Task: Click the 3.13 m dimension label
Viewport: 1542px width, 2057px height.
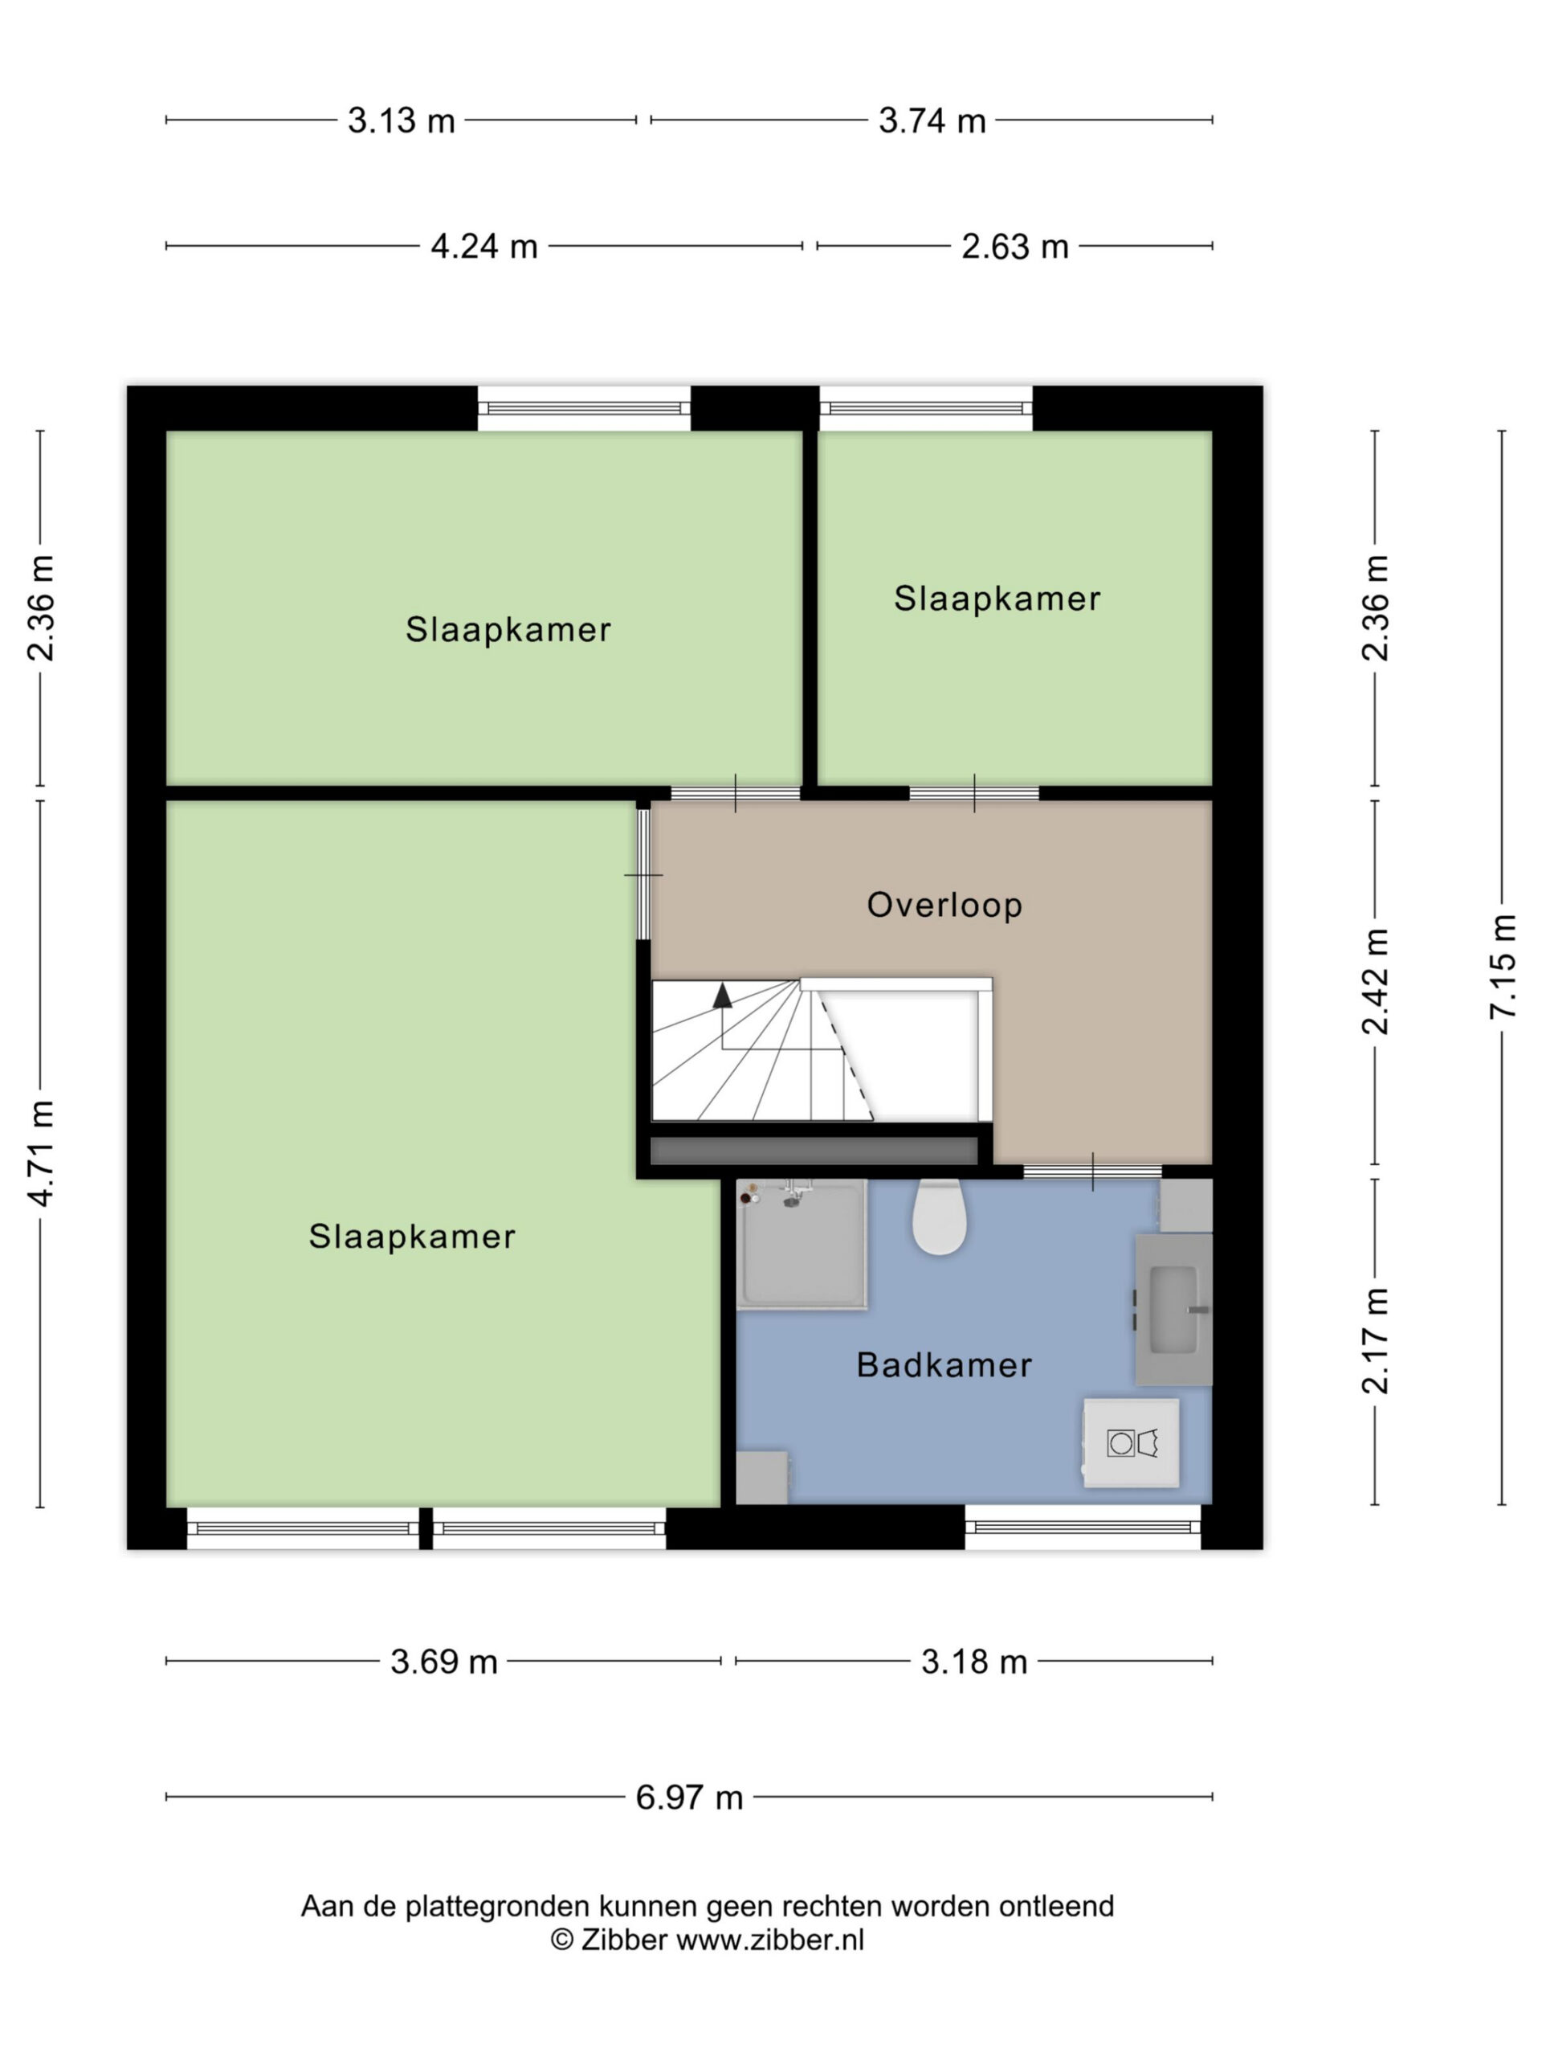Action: point(401,121)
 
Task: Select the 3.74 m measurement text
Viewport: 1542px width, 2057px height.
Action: point(932,121)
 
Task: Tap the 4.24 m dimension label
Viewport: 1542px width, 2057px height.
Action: point(483,247)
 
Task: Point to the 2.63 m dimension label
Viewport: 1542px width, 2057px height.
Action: point(1014,247)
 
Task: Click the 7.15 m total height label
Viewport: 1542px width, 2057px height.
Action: point(1502,967)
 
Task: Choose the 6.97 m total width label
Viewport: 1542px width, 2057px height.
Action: point(689,1797)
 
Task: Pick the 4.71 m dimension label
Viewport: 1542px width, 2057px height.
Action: point(41,1153)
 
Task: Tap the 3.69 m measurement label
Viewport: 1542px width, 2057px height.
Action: point(443,1662)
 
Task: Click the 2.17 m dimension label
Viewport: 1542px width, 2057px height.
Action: point(1375,1341)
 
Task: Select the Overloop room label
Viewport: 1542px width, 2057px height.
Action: point(944,905)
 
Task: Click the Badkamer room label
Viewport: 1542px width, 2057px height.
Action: point(944,1365)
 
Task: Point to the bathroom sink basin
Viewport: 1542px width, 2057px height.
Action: point(1174,1310)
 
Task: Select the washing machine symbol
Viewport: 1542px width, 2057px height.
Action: point(1131,1443)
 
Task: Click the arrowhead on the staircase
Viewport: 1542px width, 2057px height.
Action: point(721,996)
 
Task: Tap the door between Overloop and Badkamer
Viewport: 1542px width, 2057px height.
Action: point(1092,1172)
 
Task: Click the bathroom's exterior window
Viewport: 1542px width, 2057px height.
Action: point(1083,1527)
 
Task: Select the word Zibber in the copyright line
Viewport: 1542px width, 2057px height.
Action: point(625,1940)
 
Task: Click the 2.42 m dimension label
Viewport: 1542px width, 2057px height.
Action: point(1375,981)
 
